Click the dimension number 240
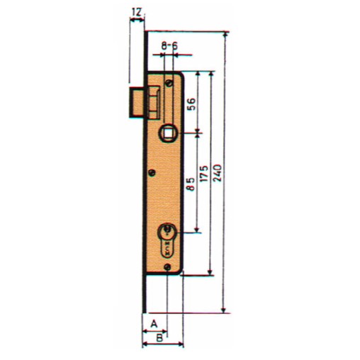218,173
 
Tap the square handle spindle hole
169,132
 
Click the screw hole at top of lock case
169,83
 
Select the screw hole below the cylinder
167,267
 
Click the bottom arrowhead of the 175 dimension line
210,273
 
